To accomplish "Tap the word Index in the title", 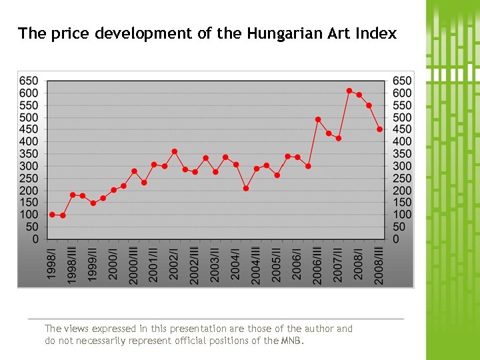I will coord(375,33).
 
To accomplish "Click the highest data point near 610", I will coord(349,91).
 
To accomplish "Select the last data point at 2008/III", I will coord(379,129).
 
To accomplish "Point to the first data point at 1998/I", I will coord(52,215).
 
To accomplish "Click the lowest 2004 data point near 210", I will coord(246,188).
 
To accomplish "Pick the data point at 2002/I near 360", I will coord(175,151).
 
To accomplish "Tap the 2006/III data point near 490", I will coord(318,119).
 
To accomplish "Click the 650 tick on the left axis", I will coord(29,81).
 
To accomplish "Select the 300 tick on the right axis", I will coord(401,166).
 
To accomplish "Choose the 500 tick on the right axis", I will coord(401,117).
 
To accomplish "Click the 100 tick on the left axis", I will coord(29,215).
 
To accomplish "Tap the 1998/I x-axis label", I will coord(52,265).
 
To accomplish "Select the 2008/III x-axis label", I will coord(379,265).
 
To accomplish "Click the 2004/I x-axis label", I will coord(236,265).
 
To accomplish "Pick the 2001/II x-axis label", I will coord(154,265).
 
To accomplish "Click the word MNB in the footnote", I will coord(292,341).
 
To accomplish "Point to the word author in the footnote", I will coord(315,329).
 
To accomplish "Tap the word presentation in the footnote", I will coord(197,329).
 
